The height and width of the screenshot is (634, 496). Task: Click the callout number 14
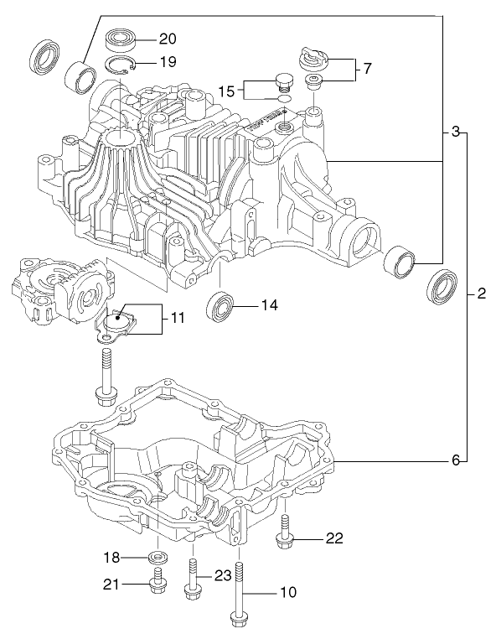[268, 306]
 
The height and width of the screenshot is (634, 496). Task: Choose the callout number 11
[177, 319]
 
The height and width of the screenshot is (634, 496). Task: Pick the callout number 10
[287, 592]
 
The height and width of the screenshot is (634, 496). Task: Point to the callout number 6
[456, 460]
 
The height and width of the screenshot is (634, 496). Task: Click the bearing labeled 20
[121, 39]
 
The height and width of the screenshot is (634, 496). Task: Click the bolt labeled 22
[286, 534]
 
